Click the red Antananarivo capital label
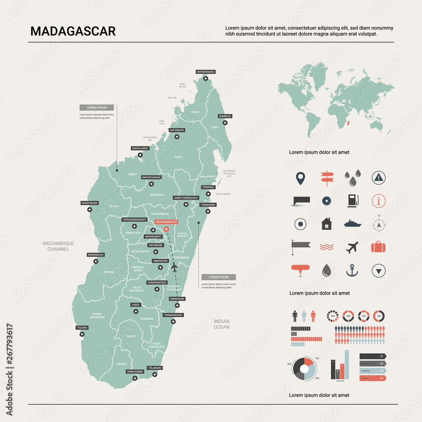tap(166, 221)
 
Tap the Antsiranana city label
tap(206, 72)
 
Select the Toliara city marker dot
tap(82, 334)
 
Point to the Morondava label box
tap(95, 255)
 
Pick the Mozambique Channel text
tap(58, 246)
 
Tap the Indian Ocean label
tap(222, 324)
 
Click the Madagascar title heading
tap(73, 32)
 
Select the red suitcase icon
tap(379, 247)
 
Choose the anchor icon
tap(352, 271)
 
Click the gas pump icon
tap(352, 200)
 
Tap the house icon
tap(326, 224)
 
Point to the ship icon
tap(352, 223)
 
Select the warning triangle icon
tap(379, 178)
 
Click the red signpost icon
tap(326, 177)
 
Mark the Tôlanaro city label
tap(154, 368)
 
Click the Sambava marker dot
tap(225, 123)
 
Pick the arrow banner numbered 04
tap(373, 378)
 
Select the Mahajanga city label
tap(140, 149)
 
